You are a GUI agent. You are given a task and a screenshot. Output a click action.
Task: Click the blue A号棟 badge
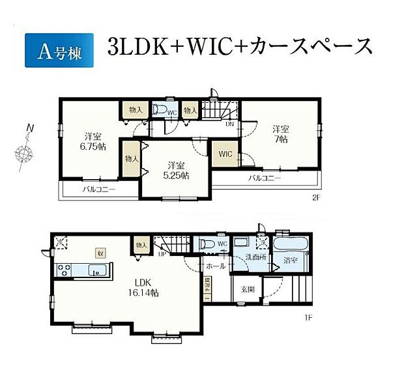[x=58, y=49]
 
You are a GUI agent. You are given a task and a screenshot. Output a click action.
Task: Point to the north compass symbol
[x=25, y=154]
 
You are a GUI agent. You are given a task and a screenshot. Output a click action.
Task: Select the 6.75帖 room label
[x=92, y=141]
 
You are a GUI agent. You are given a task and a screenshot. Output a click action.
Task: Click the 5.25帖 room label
[x=176, y=170]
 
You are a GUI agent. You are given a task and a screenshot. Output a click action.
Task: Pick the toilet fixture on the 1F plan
[x=208, y=245]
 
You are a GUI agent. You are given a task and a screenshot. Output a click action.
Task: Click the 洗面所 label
[x=255, y=259]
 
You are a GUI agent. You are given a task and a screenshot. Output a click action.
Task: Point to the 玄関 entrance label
[x=248, y=290]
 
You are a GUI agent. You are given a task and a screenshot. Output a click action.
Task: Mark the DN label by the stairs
[x=229, y=124]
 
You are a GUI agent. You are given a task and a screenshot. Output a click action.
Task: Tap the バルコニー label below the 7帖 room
[x=264, y=178]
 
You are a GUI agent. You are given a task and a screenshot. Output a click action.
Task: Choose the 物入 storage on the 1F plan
[x=141, y=244]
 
